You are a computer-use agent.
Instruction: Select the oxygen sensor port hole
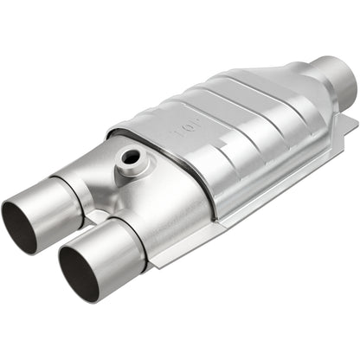(130, 157)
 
